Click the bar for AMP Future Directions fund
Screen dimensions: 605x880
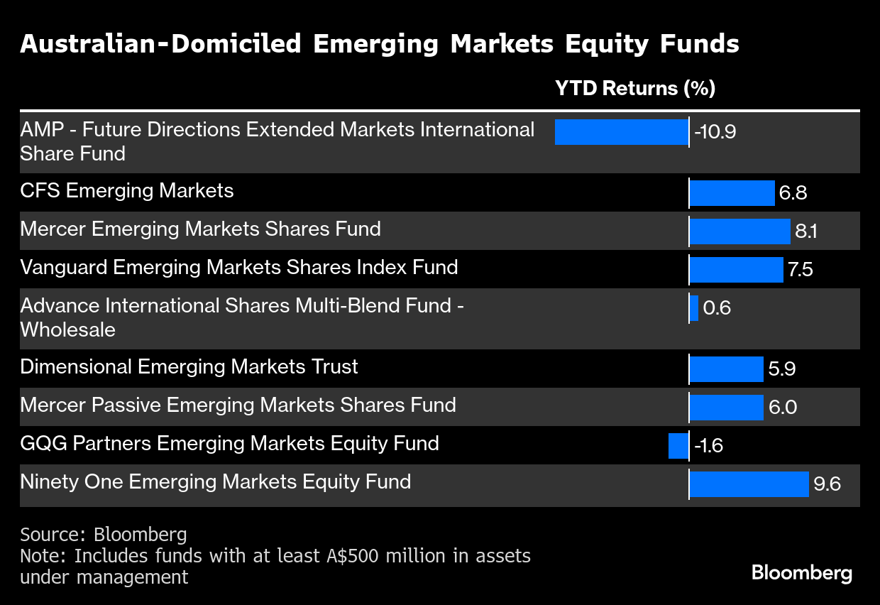[x=621, y=132]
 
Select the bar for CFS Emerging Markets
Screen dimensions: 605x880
[x=732, y=193]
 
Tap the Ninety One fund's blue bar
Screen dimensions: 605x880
[x=749, y=484]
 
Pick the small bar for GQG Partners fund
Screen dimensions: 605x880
[x=678, y=446]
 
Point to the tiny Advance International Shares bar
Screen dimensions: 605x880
[x=694, y=308]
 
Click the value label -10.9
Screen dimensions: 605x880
[x=715, y=132]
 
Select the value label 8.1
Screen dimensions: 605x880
[x=806, y=231]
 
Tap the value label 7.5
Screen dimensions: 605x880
[x=801, y=270]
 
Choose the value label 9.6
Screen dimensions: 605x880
[x=827, y=484]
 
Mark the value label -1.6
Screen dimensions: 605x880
[x=708, y=446]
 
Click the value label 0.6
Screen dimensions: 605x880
[x=717, y=308]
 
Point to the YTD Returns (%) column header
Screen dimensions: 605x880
[x=634, y=88]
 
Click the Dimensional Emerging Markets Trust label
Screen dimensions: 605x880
[x=189, y=367]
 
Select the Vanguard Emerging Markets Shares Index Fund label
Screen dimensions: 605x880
[x=238, y=268]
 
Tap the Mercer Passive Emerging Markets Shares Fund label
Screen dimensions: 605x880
[x=238, y=405]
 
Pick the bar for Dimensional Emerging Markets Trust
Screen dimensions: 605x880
[x=727, y=369]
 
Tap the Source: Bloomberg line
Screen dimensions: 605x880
[x=103, y=534]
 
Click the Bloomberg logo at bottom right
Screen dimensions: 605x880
[x=802, y=573]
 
